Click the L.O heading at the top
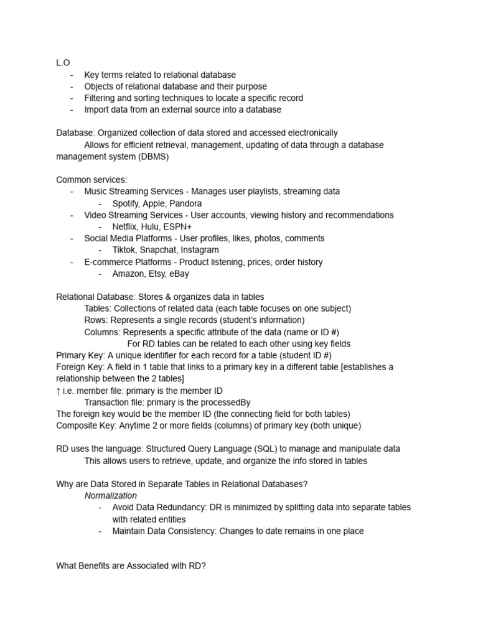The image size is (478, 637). click(63, 63)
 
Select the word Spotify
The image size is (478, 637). click(127, 203)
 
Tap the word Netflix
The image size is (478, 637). click(126, 227)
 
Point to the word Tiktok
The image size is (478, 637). click(125, 250)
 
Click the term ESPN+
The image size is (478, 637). click(179, 227)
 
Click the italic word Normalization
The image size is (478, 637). click(111, 496)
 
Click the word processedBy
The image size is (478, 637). click(223, 402)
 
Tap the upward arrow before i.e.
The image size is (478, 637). click(59, 391)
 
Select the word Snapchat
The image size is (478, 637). click(159, 250)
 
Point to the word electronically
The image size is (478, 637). click(306, 133)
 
